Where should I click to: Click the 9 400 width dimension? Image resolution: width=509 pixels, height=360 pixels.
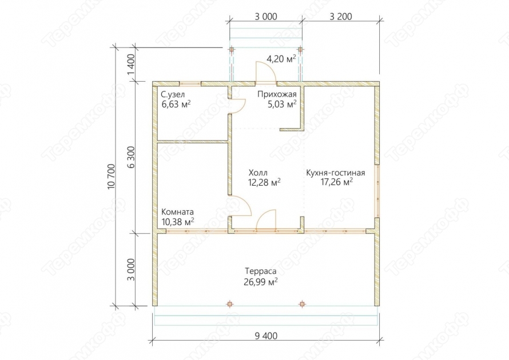click(x=266, y=335)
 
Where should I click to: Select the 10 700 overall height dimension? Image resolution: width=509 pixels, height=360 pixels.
click(x=111, y=177)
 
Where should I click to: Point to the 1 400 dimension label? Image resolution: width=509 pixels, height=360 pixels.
click(x=131, y=64)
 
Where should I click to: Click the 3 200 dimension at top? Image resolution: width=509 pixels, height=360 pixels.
click(x=341, y=16)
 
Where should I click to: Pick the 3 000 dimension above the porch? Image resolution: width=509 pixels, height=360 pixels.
click(x=266, y=16)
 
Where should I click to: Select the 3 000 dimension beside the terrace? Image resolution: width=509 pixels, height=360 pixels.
click(x=131, y=269)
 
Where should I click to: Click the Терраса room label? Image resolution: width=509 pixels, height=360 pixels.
click(x=261, y=271)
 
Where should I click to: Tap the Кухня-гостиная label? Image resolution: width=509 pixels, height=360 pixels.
click(x=336, y=173)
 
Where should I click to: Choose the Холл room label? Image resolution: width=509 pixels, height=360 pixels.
click(x=258, y=173)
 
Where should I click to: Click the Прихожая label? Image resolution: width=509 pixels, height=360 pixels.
click(x=277, y=94)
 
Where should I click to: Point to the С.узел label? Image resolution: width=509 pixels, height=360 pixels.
click(x=173, y=94)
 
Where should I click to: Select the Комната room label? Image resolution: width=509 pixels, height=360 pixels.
click(x=177, y=212)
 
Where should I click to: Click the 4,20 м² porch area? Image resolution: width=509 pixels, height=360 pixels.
click(x=281, y=59)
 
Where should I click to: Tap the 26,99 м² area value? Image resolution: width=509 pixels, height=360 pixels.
click(x=261, y=282)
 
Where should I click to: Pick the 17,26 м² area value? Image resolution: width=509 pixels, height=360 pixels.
click(x=337, y=182)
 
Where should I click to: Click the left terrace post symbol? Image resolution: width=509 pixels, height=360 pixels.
click(x=230, y=304)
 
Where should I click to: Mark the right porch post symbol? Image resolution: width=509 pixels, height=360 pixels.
click(x=300, y=50)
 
